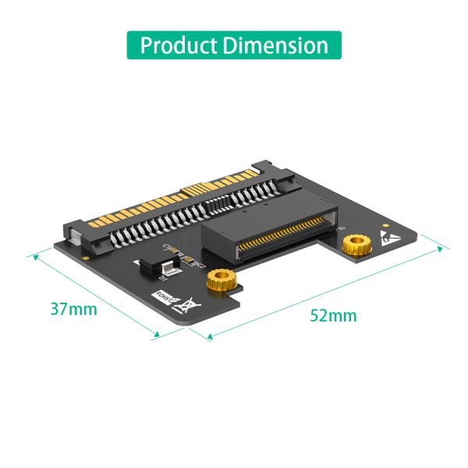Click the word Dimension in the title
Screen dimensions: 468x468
275,44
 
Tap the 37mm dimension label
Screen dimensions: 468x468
74,309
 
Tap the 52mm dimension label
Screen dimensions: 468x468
333,316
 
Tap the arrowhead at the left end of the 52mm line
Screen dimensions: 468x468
209,338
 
